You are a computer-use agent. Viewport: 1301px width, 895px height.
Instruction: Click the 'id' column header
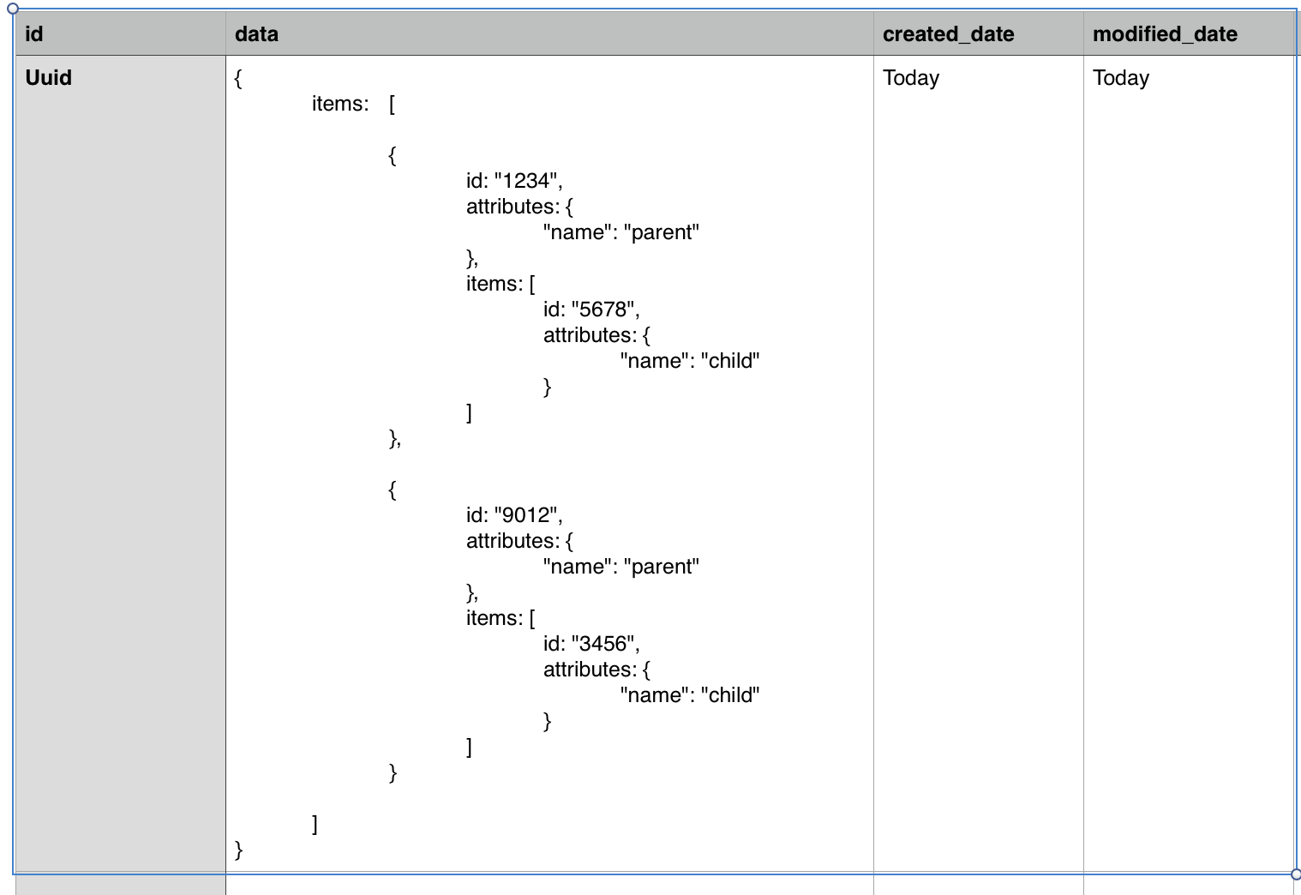pos(34,34)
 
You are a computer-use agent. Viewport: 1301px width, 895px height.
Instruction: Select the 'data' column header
pos(256,34)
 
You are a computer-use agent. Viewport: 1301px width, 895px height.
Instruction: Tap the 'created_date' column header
pos(948,34)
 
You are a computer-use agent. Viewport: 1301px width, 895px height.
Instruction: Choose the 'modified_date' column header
pos(1165,34)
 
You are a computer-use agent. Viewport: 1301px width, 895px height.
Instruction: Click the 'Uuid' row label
pos(49,78)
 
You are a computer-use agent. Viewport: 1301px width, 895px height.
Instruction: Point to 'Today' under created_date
pos(911,78)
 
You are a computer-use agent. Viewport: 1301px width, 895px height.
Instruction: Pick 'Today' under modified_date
pos(1121,78)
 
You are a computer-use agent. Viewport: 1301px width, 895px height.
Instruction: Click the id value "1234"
pos(526,181)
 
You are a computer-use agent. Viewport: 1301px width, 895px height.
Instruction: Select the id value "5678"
pos(603,309)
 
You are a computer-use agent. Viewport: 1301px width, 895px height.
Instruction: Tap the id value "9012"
pos(526,515)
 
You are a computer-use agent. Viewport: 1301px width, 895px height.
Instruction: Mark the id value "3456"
pos(603,644)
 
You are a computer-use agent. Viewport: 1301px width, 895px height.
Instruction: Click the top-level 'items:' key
pos(340,104)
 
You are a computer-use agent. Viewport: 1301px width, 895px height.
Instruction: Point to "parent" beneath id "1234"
pos(661,232)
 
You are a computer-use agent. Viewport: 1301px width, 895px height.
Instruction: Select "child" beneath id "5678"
pos(730,361)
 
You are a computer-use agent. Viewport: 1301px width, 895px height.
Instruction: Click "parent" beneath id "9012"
pos(661,567)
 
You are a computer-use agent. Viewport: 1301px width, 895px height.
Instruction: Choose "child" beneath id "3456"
pos(730,695)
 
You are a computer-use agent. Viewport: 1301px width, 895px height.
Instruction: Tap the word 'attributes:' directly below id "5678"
pos(590,335)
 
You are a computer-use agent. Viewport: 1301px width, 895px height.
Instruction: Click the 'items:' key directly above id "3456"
pos(494,618)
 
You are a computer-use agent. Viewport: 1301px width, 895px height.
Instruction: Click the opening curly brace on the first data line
pos(238,78)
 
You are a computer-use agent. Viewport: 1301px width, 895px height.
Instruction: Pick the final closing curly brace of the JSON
pos(239,850)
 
